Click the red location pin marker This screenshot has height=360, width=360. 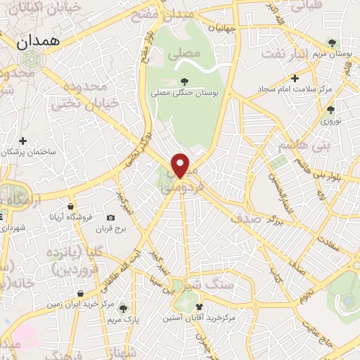(x=181, y=165)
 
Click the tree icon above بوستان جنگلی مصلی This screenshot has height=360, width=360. (x=185, y=82)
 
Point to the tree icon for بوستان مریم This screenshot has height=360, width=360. (x=341, y=43)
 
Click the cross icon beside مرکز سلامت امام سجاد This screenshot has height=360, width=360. (x=295, y=78)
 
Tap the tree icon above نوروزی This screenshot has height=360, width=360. (x=330, y=110)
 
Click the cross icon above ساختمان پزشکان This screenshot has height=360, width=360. (x=24, y=141)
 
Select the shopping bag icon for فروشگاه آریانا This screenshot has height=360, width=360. (x=71, y=207)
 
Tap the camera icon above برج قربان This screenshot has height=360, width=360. (x=110, y=218)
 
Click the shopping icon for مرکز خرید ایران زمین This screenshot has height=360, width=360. (x=82, y=293)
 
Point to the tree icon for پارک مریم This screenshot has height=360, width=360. (x=124, y=308)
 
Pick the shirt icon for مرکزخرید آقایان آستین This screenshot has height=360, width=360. (x=200, y=307)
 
